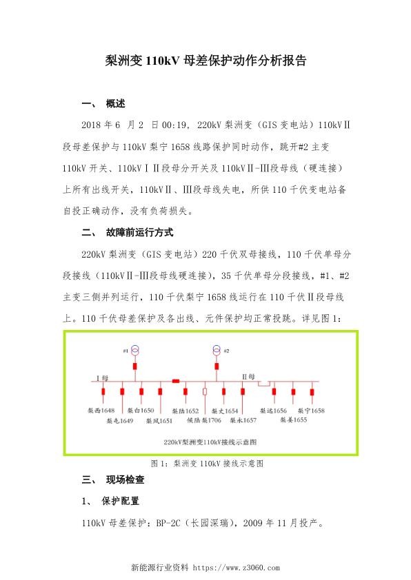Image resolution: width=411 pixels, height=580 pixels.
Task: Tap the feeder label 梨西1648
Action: point(101,411)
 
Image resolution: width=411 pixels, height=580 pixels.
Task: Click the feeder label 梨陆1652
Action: point(186,411)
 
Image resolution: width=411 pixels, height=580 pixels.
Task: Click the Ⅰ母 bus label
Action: point(103,377)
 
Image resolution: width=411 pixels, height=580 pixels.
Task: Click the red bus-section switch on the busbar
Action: point(176,381)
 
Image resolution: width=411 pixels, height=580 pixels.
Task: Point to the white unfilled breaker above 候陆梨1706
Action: point(205,391)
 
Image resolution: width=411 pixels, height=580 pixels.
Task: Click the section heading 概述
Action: point(116,104)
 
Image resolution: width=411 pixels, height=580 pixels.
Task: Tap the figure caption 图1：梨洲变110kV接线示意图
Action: point(205,464)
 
